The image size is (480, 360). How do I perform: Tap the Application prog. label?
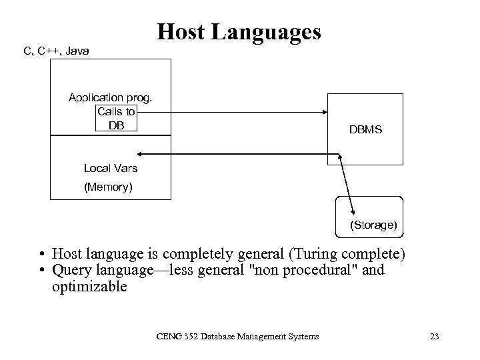click(x=111, y=98)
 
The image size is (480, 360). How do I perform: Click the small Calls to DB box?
click(x=116, y=118)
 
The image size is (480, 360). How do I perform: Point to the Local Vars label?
click(x=111, y=168)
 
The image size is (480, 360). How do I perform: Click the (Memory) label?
click(x=108, y=187)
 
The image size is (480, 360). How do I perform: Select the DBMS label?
click(x=365, y=130)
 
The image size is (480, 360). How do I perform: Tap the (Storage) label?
click(x=373, y=225)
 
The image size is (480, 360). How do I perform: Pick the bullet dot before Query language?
click(x=41, y=271)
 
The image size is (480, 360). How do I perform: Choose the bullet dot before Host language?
click(x=41, y=255)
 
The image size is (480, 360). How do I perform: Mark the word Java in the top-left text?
click(x=78, y=51)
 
